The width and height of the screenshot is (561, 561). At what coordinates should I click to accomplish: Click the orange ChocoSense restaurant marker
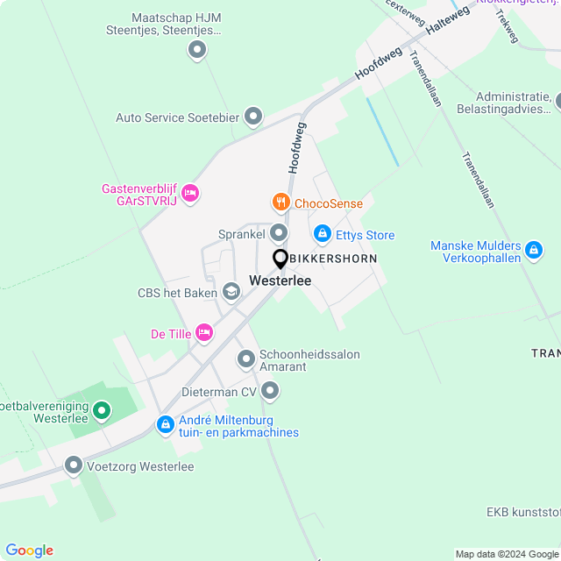[x=280, y=203]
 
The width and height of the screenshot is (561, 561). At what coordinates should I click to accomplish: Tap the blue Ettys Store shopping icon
[x=323, y=234]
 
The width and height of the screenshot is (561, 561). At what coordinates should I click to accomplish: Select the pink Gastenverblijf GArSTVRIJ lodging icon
[x=190, y=193]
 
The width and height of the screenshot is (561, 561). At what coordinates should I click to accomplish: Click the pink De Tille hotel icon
[x=204, y=332]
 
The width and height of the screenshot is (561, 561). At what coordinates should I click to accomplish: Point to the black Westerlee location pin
[x=280, y=260]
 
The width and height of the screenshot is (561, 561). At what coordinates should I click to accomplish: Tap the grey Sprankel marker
[x=279, y=233]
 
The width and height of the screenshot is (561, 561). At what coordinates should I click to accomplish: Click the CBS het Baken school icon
[x=231, y=292]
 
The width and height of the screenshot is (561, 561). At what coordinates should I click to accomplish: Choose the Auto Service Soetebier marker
[x=253, y=116]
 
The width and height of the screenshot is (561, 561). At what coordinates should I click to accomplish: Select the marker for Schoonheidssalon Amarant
[x=246, y=359]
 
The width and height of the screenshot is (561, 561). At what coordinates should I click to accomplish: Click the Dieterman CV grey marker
[x=270, y=390]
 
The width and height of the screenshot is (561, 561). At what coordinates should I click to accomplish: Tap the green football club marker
[x=102, y=409]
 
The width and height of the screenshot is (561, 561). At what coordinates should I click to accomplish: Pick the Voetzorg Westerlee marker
[x=74, y=465]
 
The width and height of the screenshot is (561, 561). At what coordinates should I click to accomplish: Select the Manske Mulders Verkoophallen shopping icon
[x=533, y=252]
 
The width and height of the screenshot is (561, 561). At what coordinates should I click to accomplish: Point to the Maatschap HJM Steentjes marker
[x=196, y=50]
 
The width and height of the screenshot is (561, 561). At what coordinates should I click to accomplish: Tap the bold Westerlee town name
[x=280, y=280]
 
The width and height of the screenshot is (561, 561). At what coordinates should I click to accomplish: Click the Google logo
[x=30, y=550]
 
